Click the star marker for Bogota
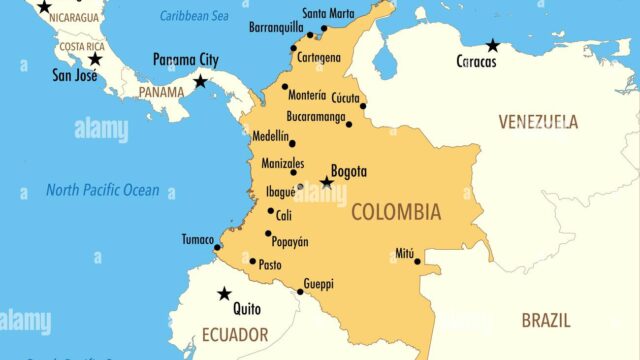[x=326, y=182]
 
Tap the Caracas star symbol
[x=492, y=45]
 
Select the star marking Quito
[x=224, y=294]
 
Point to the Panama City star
[x=200, y=81]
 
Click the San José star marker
[x=94, y=59]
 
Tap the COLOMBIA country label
[x=395, y=212]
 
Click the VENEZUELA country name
[x=538, y=122]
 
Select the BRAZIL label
[x=546, y=320]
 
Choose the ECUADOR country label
[x=234, y=334]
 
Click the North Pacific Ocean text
[x=102, y=190]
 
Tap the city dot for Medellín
[x=292, y=143]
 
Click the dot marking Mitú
[x=417, y=261]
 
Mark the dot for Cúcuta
[x=363, y=105]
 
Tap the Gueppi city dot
[x=300, y=291]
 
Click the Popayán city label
[x=289, y=242]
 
